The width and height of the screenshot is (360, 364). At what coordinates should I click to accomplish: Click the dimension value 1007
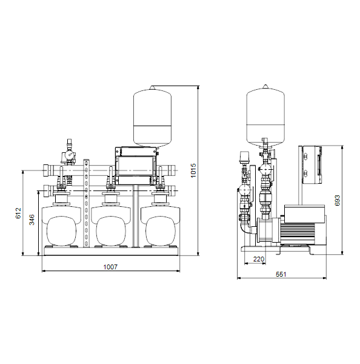110,267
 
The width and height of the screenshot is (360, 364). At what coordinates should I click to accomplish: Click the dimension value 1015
193,170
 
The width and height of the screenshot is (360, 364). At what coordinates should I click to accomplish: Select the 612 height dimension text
18,213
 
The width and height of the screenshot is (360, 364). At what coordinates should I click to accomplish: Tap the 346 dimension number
32,220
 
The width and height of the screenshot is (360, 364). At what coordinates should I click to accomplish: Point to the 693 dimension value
338,200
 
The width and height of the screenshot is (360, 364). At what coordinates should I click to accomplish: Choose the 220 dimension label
259,259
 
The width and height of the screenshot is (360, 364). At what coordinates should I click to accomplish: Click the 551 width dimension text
281,274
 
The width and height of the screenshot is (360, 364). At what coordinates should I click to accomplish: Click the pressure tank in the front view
152,117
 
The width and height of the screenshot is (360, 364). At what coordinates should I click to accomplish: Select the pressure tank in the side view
265,116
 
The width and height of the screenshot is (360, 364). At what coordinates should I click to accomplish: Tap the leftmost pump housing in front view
61,226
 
